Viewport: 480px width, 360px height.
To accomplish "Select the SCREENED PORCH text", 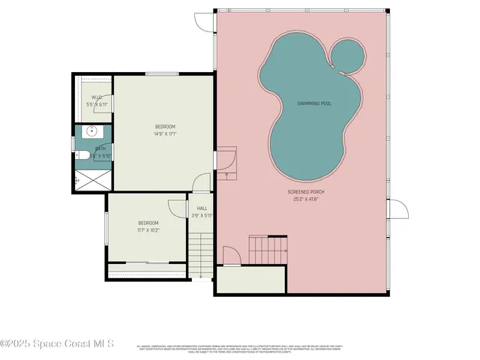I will pos(306,192).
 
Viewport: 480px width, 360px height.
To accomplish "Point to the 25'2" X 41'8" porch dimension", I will pos(306,199).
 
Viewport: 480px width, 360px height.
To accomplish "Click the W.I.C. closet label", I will pos(97,97).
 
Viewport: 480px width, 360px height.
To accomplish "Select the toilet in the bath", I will pos(82,155).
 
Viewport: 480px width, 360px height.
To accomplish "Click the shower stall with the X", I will pos(88,180).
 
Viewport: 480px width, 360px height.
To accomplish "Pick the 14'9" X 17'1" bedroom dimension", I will pos(165,134).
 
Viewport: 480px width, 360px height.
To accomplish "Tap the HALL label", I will pos(202,208).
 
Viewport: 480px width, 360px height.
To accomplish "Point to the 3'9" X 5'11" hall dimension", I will pos(202,216).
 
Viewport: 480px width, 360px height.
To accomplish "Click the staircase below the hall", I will pos(197,255).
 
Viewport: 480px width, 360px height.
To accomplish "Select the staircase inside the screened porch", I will pos(268,247).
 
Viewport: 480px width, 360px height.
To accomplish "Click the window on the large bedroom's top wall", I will pos(156,73).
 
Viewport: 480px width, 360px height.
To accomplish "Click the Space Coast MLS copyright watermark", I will pos(57,343).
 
